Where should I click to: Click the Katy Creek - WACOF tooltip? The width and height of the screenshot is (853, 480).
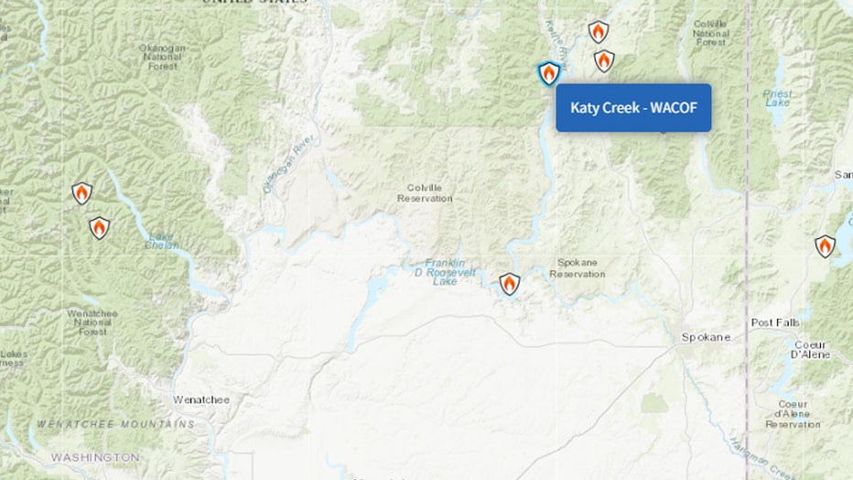pyautogui.click(x=633, y=108)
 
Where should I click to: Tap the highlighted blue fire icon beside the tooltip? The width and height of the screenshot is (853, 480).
pyautogui.click(x=548, y=73)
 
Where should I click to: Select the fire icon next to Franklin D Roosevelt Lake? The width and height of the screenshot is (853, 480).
pyautogui.click(x=510, y=284)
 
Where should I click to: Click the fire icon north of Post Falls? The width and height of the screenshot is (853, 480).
pyautogui.click(x=825, y=245)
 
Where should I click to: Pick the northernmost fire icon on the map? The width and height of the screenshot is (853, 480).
pyautogui.click(x=598, y=32)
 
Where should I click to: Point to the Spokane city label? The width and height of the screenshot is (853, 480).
pyautogui.click(x=706, y=337)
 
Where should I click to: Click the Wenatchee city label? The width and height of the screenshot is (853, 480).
pyautogui.click(x=201, y=399)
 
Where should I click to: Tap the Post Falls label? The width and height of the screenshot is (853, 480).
pyautogui.click(x=775, y=323)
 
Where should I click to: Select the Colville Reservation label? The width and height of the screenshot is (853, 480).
pyautogui.click(x=425, y=192)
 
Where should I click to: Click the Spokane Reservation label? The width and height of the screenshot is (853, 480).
pyautogui.click(x=578, y=267)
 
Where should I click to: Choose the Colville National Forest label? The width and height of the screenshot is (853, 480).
pyautogui.click(x=711, y=32)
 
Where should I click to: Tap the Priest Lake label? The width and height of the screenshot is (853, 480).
pyautogui.click(x=777, y=98)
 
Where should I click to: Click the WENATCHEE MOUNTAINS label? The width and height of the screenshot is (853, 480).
pyautogui.click(x=116, y=424)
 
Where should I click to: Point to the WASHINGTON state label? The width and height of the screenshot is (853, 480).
pyautogui.click(x=95, y=456)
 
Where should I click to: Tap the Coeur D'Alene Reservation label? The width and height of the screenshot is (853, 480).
pyautogui.click(x=793, y=414)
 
